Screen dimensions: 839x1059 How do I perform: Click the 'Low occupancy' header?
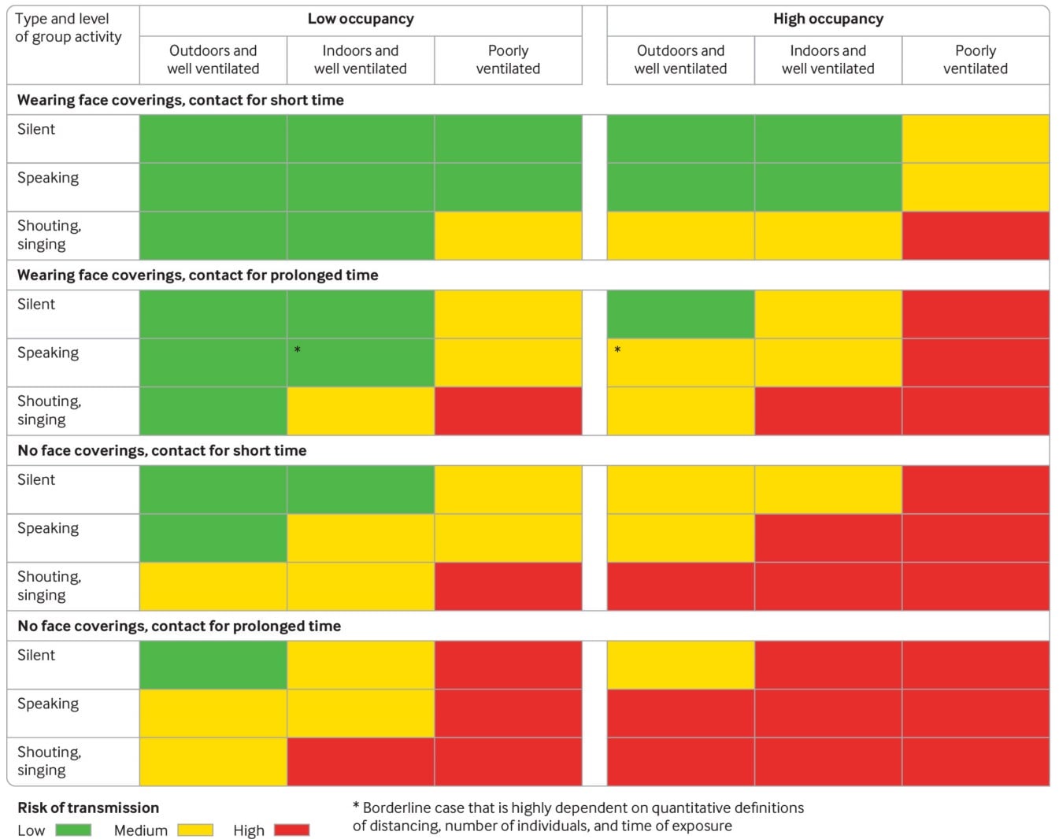[360, 19]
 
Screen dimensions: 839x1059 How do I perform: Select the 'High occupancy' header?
[828, 19]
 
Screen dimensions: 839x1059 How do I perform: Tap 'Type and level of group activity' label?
[69, 28]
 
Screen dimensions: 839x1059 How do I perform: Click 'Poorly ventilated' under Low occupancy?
[508, 60]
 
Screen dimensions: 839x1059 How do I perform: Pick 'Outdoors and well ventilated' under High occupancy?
[680, 60]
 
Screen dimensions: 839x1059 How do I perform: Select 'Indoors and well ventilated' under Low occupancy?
[360, 60]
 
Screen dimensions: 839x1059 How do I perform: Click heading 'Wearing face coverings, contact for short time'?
[180, 100]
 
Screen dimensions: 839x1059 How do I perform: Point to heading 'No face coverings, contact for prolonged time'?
[179, 626]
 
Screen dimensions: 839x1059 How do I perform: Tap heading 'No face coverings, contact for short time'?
[161, 450]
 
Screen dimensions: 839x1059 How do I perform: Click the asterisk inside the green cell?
[297, 349]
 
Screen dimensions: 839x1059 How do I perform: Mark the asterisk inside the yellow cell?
[617, 349]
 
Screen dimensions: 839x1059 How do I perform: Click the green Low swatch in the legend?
[73, 830]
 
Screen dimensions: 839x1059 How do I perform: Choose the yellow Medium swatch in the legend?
[195, 830]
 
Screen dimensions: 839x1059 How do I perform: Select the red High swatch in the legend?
[291, 830]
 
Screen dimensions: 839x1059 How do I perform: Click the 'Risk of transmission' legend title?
[88, 808]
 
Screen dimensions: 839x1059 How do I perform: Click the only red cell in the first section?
[975, 235]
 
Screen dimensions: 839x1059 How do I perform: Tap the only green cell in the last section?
[213, 665]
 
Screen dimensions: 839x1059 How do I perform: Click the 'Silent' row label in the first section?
[36, 129]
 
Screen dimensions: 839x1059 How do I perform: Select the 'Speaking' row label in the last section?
[48, 704]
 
